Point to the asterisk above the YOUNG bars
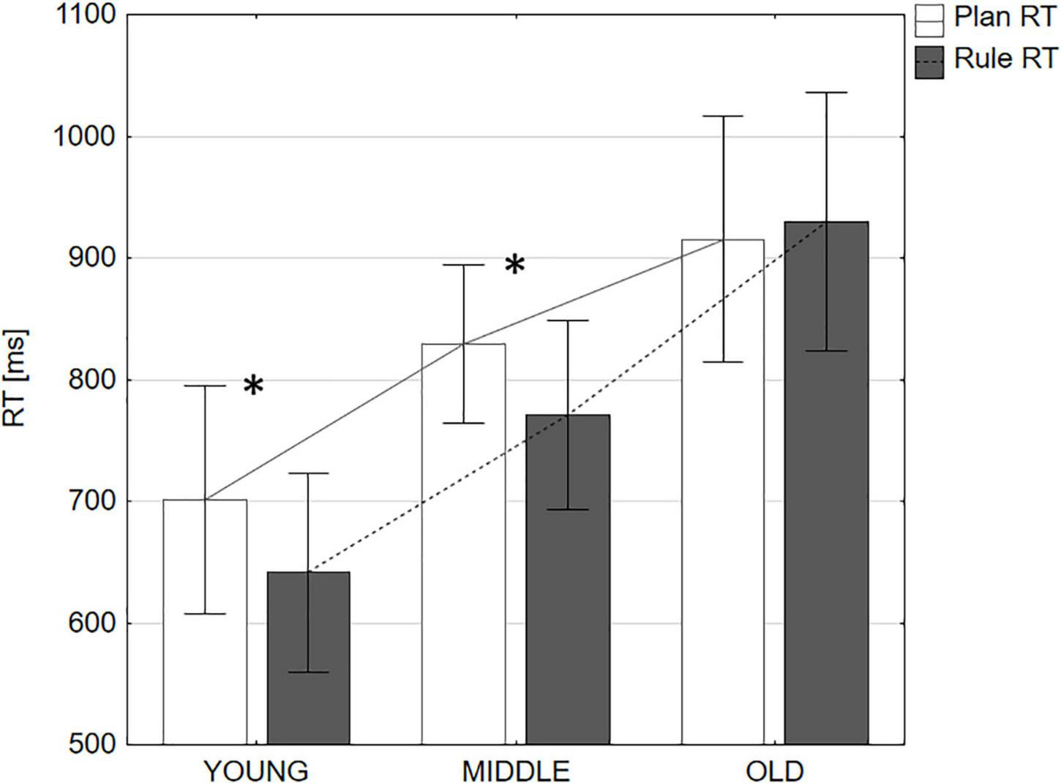pyautogui.click(x=253, y=386)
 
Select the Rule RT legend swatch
pyautogui.click(x=929, y=61)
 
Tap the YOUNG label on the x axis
pyautogui.click(x=255, y=771)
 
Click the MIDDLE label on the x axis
pyautogui.click(x=515, y=771)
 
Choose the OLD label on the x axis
pyautogui.click(x=774, y=771)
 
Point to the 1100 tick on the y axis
pyautogui.click(x=85, y=15)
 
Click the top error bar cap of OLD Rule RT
pyautogui.click(x=826, y=92)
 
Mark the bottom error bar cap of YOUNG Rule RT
pyautogui.click(x=308, y=672)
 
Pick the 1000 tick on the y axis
pyautogui.click(x=85, y=137)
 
